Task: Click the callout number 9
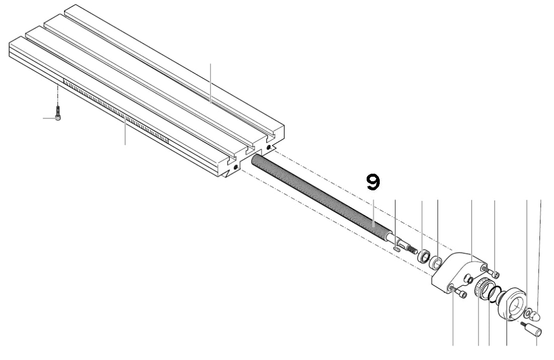click(x=373, y=182)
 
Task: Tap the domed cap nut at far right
click(x=535, y=316)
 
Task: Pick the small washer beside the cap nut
click(x=527, y=313)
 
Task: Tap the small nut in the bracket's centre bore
click(x=468, y=278)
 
